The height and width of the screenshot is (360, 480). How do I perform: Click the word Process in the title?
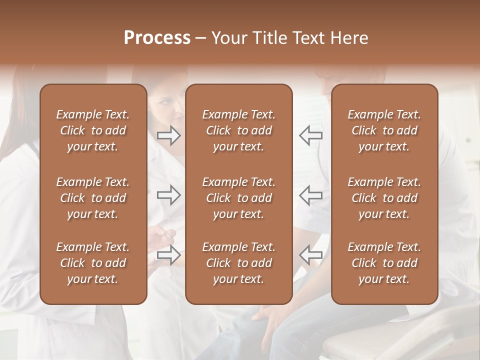(x=157, y=38)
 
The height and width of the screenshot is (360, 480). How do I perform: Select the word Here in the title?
(x=348, y=38)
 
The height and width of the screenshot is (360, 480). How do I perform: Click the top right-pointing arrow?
(x=169, y=135)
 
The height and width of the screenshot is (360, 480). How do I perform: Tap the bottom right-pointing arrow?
(x=169, y=254)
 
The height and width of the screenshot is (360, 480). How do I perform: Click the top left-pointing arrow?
(x=311, y=135)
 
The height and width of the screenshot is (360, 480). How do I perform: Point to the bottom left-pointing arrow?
(x=311, y=254)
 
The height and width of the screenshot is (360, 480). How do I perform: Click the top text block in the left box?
(x=93, y=130)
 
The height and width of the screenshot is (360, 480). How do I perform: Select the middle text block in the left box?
(x=93, y=198)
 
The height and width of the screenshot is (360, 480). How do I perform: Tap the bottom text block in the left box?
(x=93, y=263)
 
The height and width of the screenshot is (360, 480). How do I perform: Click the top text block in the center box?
(x=238, y=130)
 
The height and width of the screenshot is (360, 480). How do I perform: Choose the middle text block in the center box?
(x=238, y=198)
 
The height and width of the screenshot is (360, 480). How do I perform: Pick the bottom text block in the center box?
(x=238, y=263)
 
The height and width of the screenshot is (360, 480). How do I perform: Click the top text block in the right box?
(x=384, y=130)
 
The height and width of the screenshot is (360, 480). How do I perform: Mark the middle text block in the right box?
(x=384, y=198)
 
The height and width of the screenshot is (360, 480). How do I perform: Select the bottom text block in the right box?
(x=384, y=263)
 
